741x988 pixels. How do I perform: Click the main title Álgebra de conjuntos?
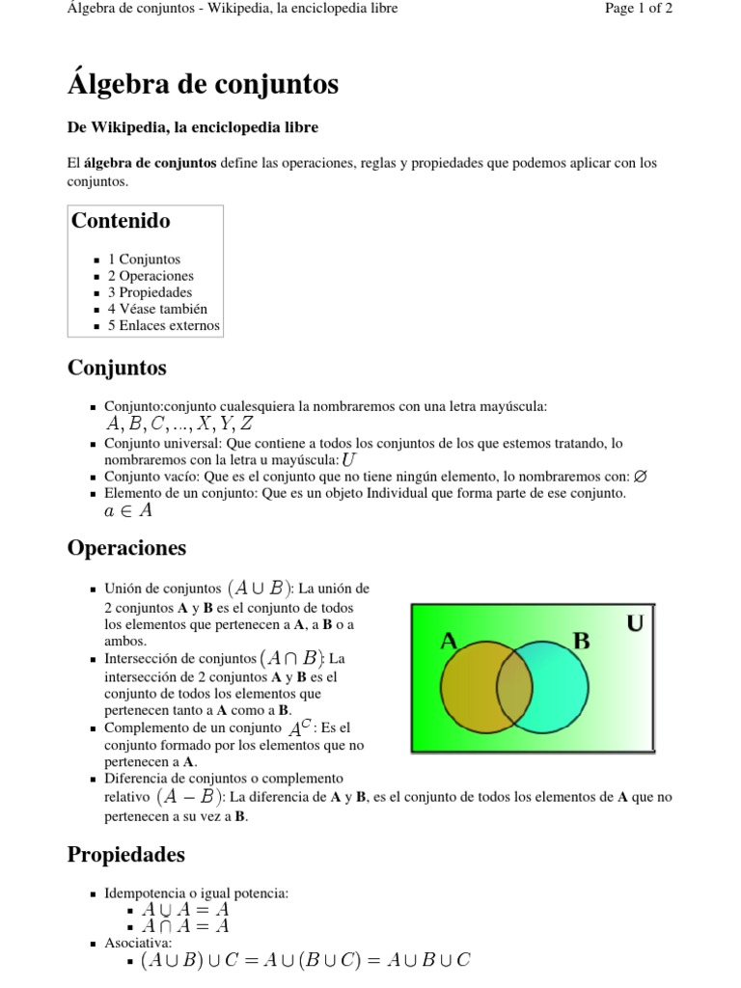coord(203,85)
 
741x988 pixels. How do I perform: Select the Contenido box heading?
coord(121,221)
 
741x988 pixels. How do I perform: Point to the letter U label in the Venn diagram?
coord(635,624)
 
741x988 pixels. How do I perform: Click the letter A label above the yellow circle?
coord(449,641)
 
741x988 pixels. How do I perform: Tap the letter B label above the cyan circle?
coord(581,641)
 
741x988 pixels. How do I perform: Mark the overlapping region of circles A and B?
coord(513,686)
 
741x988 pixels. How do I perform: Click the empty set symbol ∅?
coord(642,477)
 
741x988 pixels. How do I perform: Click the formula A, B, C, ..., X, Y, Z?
coord(179,424)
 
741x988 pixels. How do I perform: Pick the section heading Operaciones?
coord(126,548)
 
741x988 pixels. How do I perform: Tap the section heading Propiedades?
coord(125,855)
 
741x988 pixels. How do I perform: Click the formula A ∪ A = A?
coord(185,909)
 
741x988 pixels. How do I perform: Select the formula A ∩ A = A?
coord(185,925)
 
